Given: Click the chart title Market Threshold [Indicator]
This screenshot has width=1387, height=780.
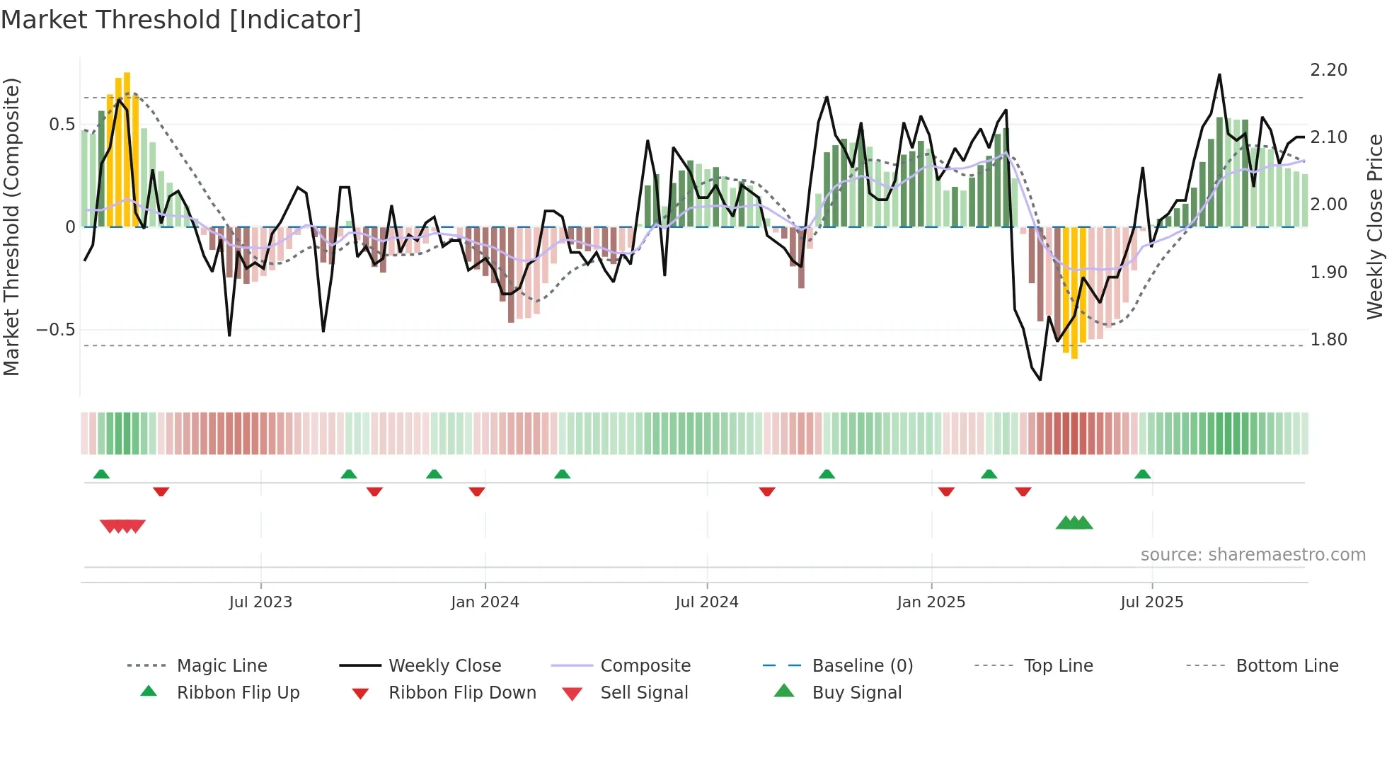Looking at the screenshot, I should pos(181,20).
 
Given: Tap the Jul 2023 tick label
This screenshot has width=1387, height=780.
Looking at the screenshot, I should pos(260,602).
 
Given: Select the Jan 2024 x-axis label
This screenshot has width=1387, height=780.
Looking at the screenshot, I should pos(485,602).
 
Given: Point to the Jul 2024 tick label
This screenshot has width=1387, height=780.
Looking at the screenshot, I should pos(706,602).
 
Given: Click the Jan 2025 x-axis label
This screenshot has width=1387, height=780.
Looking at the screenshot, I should pos(931,602).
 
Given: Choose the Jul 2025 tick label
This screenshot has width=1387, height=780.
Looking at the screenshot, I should pos(1151,602).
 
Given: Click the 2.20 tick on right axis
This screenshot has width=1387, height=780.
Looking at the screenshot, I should pos(1328,70).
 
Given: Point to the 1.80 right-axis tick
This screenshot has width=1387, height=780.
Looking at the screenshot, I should pos(1328,340).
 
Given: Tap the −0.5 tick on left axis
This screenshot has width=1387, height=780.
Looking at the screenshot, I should pos(55,330).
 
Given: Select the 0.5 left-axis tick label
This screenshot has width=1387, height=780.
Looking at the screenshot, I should pos(62,125).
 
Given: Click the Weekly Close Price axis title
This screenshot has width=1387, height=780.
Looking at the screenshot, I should pos(1374,226).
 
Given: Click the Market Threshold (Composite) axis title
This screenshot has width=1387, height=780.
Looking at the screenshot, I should pos(11,226).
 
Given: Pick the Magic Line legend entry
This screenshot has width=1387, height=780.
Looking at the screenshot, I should pos(221,666).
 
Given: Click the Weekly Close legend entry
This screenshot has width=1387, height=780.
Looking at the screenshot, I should pos(444,666).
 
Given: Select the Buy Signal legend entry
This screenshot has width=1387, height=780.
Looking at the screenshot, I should pos(856,693).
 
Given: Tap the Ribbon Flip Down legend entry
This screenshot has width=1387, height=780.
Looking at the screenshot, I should pos(461,693).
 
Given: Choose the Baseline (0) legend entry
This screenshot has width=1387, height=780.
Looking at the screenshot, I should pos(862,666).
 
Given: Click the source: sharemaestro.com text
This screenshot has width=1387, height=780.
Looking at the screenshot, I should pos(1253,555).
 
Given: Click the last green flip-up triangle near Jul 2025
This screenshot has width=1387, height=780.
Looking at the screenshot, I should pos(1142,474).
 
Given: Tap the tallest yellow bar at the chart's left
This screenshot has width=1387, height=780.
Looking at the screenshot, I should pos(127,149).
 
